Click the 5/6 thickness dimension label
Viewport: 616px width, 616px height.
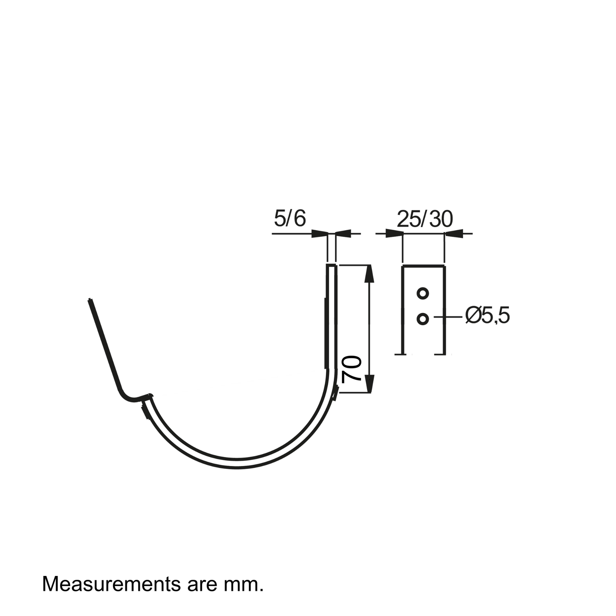[290, 219]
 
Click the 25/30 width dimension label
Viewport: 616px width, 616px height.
[425, 219]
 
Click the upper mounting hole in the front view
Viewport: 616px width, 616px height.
[423, 293]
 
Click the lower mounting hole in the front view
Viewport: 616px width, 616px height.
[423, 319]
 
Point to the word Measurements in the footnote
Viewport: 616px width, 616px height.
[112, 584]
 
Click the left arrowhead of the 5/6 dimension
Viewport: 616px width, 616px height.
[319, 234]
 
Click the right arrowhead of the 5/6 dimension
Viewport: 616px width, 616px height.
[343, 234]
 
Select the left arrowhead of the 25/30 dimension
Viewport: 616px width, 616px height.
[394, 234]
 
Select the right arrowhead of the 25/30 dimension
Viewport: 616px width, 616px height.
[453, 234]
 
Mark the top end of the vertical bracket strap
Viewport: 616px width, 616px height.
[331, 265]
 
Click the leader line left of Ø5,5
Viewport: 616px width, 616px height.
[448, 317]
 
